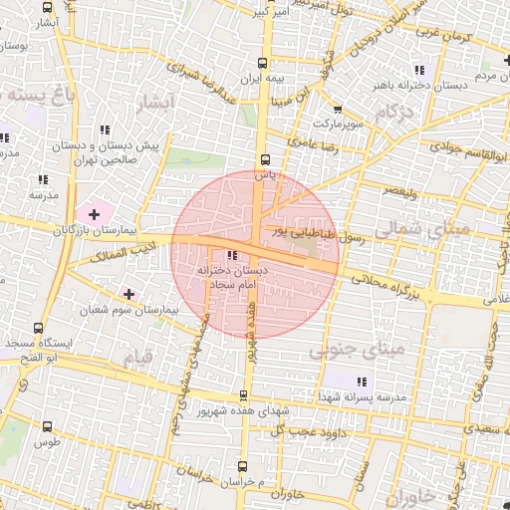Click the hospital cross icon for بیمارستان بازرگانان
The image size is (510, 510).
(95, 214)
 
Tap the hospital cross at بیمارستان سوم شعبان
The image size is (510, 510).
(128, 294)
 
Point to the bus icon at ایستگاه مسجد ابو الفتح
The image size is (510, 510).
(39, 327)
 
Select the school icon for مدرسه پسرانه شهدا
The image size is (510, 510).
(362, 382)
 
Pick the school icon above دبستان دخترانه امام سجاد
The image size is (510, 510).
(232, 256)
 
